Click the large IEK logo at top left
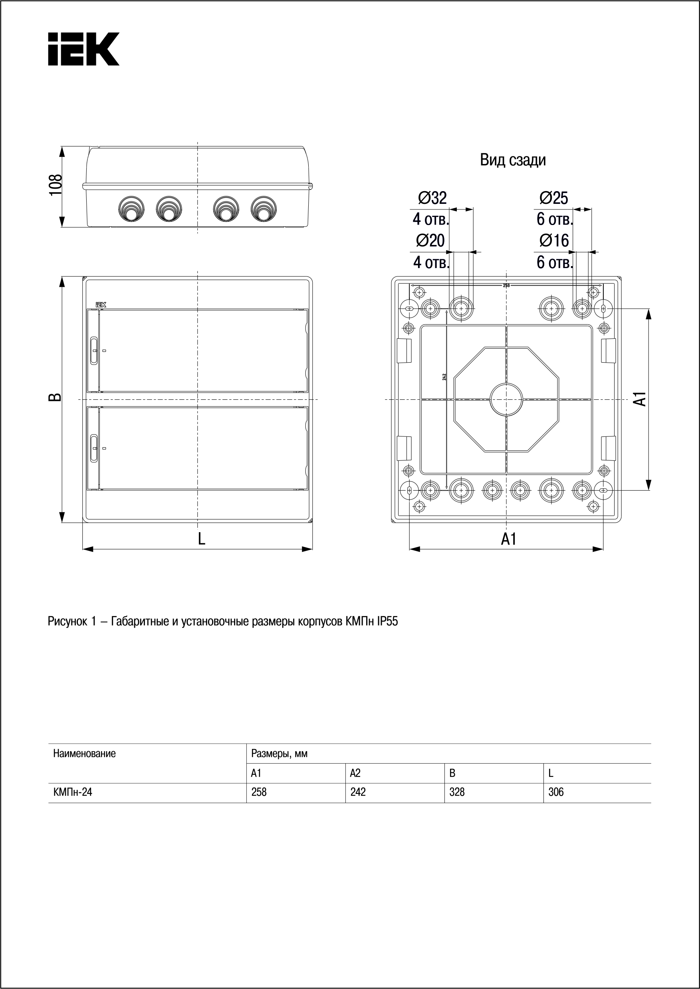click(x=83, y=49)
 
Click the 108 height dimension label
click(x=56, y=185)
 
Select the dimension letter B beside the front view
click(x=55, y=397)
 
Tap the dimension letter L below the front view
click(x=201, y=539)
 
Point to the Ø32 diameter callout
click(x=432, y=198)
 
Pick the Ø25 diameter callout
click(x=554, y=198)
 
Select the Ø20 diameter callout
click(x=430, y=240)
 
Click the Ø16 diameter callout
click(x=554, y=240)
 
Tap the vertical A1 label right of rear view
click(x=641, y=399)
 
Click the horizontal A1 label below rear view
click(x=509, y=539)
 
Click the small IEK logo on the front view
click(x=101, y=304)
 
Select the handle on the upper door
click(x=94, y=351)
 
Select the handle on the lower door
click(x=94, y=448)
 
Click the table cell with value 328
click(x=457, y=792)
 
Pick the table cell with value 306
click(x=556, y=792)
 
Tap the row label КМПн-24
click(x=72, y=792)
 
